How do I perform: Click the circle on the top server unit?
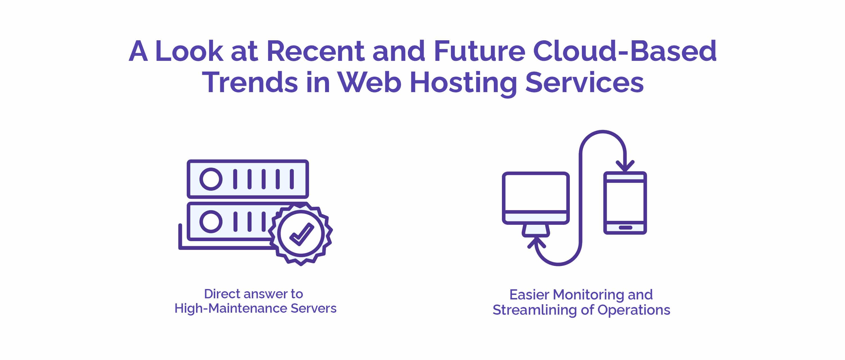(211, 179)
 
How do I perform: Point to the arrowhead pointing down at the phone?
(625, 166)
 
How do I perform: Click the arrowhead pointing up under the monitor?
(536, 243)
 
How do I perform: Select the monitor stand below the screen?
(536, 231)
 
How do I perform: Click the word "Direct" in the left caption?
(222, 294)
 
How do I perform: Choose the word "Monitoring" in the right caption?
(588, 295)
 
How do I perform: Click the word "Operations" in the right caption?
(633, 310)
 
